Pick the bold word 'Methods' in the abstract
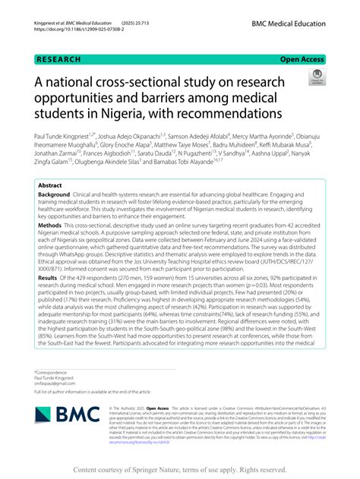click(x=50, y=225)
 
